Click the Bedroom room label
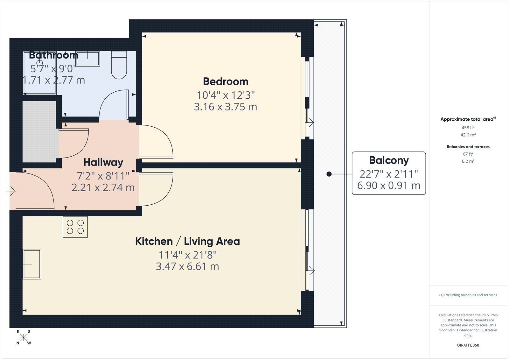(226, 82)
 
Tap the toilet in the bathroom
(119, 65)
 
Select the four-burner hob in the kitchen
(75, 227)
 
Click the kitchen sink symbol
(32, 264)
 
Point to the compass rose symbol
(24, 337)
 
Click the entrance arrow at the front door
(11, 191)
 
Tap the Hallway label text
(103, 163)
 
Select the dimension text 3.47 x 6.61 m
(187, 266)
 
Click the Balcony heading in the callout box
(389, 160)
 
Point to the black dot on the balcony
(329, 174)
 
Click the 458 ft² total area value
(468, 128)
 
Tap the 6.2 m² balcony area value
(468, 161)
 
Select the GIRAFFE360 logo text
(468, 345)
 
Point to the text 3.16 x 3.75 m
(226, 107)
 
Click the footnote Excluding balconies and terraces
(468, 295)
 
